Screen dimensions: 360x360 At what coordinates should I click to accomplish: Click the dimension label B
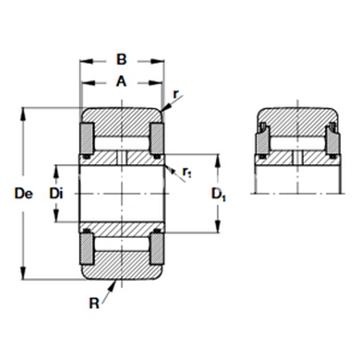(122, 60)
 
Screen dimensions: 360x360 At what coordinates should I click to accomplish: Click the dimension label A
(121, 81)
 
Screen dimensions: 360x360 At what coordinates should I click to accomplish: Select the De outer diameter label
(24, 194)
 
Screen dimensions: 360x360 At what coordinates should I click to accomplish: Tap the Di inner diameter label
(56, 194)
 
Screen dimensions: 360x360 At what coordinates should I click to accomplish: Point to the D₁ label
(219, 194)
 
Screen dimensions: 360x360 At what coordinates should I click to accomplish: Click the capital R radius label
(94, 303)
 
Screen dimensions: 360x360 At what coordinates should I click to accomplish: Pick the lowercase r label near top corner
(176, 94)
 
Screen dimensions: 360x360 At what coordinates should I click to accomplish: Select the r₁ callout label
(186, 172)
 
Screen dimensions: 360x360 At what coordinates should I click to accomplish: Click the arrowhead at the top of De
(23, 114)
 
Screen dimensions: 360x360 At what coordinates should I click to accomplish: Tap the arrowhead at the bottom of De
(23, 273)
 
